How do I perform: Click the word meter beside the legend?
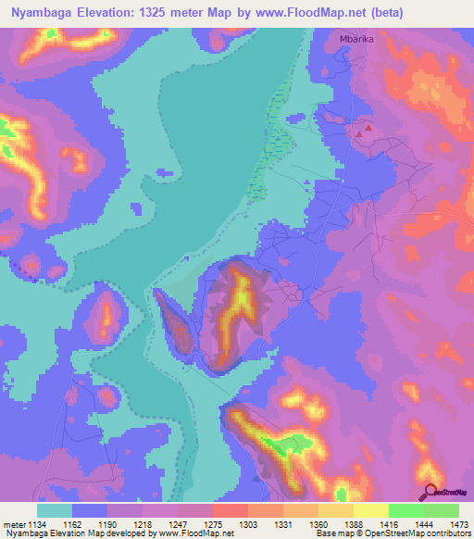tap(15, 525)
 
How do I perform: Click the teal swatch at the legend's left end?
tap(54, 510)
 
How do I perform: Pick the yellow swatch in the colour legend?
tap(369, 510)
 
